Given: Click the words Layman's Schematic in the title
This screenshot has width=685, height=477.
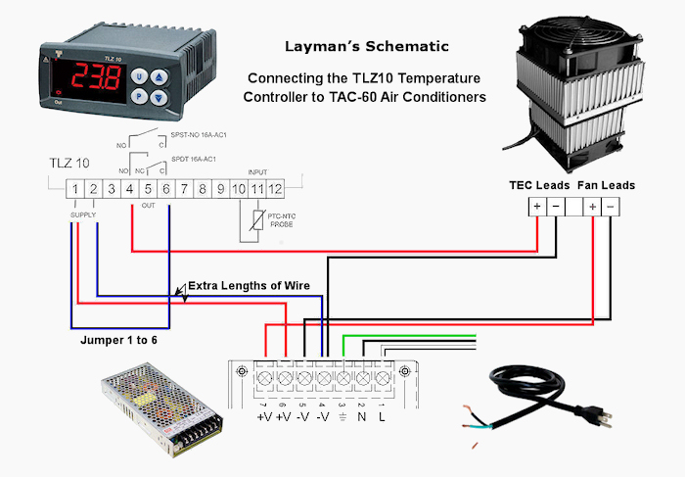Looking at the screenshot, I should [x=366, y=46].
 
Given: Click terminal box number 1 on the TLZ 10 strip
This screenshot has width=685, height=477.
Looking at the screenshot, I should [x=74, y=187].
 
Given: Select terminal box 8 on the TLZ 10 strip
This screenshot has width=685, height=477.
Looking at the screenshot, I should [x=202, y=187].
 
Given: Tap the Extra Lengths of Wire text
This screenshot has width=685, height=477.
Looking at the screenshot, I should [x=250, y=286].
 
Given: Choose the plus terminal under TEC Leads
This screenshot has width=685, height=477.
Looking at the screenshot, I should [x=536, y=208].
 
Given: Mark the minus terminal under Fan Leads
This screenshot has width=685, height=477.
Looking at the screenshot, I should [x=611, y=208].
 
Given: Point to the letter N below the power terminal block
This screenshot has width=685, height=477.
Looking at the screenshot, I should [x=361, y=416].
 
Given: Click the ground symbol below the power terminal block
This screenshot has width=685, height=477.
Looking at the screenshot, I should [x=342, y=416].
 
